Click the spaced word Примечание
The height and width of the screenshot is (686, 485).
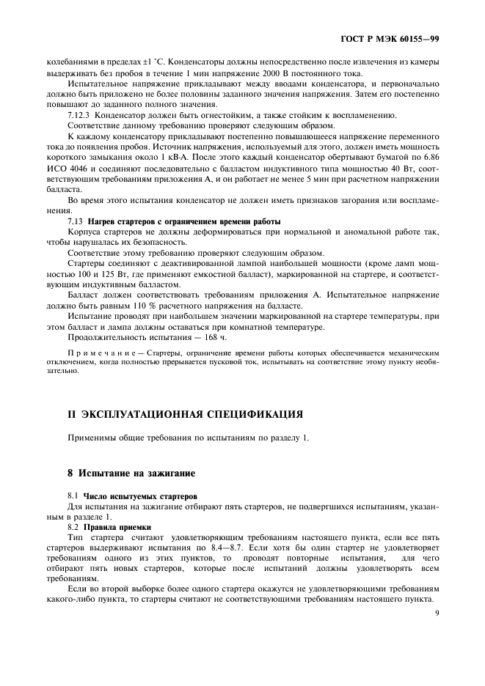(x=104, y=353)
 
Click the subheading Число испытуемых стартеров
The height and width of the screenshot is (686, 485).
(x=139, y=496)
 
